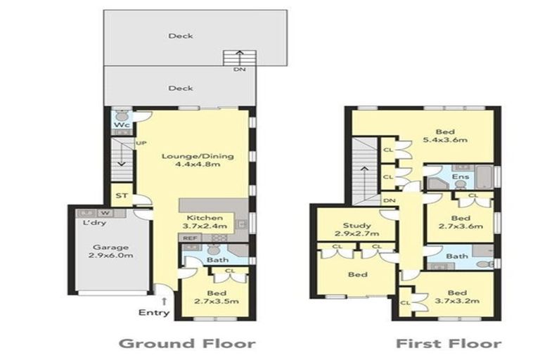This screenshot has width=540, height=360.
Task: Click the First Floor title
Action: [448, 343]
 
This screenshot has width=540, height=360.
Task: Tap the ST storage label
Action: [122, 195]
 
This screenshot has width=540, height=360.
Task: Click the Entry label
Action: [155, 312]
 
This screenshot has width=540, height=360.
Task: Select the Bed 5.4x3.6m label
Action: [444, 136]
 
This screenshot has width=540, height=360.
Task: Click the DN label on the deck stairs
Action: [238, 70]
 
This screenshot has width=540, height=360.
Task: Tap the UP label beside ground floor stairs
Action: [140, 143]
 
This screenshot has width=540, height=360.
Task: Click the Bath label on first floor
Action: [457, 256]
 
